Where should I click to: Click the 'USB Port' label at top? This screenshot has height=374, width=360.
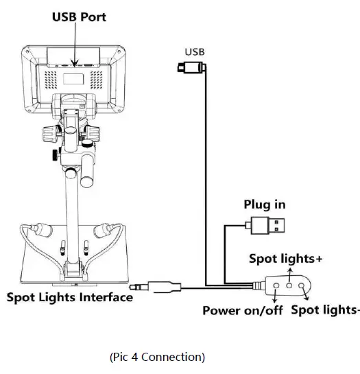80,15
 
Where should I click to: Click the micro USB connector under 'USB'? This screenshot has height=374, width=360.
190,67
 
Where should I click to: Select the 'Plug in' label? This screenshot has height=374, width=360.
265,204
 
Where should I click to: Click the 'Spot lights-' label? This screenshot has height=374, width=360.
325,310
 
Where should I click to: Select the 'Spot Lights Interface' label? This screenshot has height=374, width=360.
69,298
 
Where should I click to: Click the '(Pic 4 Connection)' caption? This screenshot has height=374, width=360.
156,357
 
